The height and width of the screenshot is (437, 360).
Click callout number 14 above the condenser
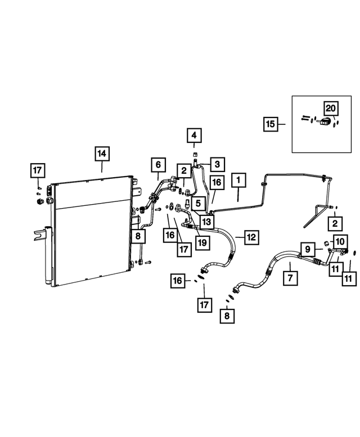coord(102,154)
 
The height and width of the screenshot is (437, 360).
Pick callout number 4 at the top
coord(193,136)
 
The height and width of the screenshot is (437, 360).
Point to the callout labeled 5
coord(197,202)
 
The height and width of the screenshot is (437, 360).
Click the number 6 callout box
coord(158,165)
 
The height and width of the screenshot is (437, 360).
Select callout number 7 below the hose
coord(291,277)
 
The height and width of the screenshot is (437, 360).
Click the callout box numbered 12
coord(251,237)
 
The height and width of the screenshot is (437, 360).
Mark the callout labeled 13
coord(206,222)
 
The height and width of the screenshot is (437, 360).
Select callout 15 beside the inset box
coord(271,124)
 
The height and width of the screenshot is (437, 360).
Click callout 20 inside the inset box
coord(330,107)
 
